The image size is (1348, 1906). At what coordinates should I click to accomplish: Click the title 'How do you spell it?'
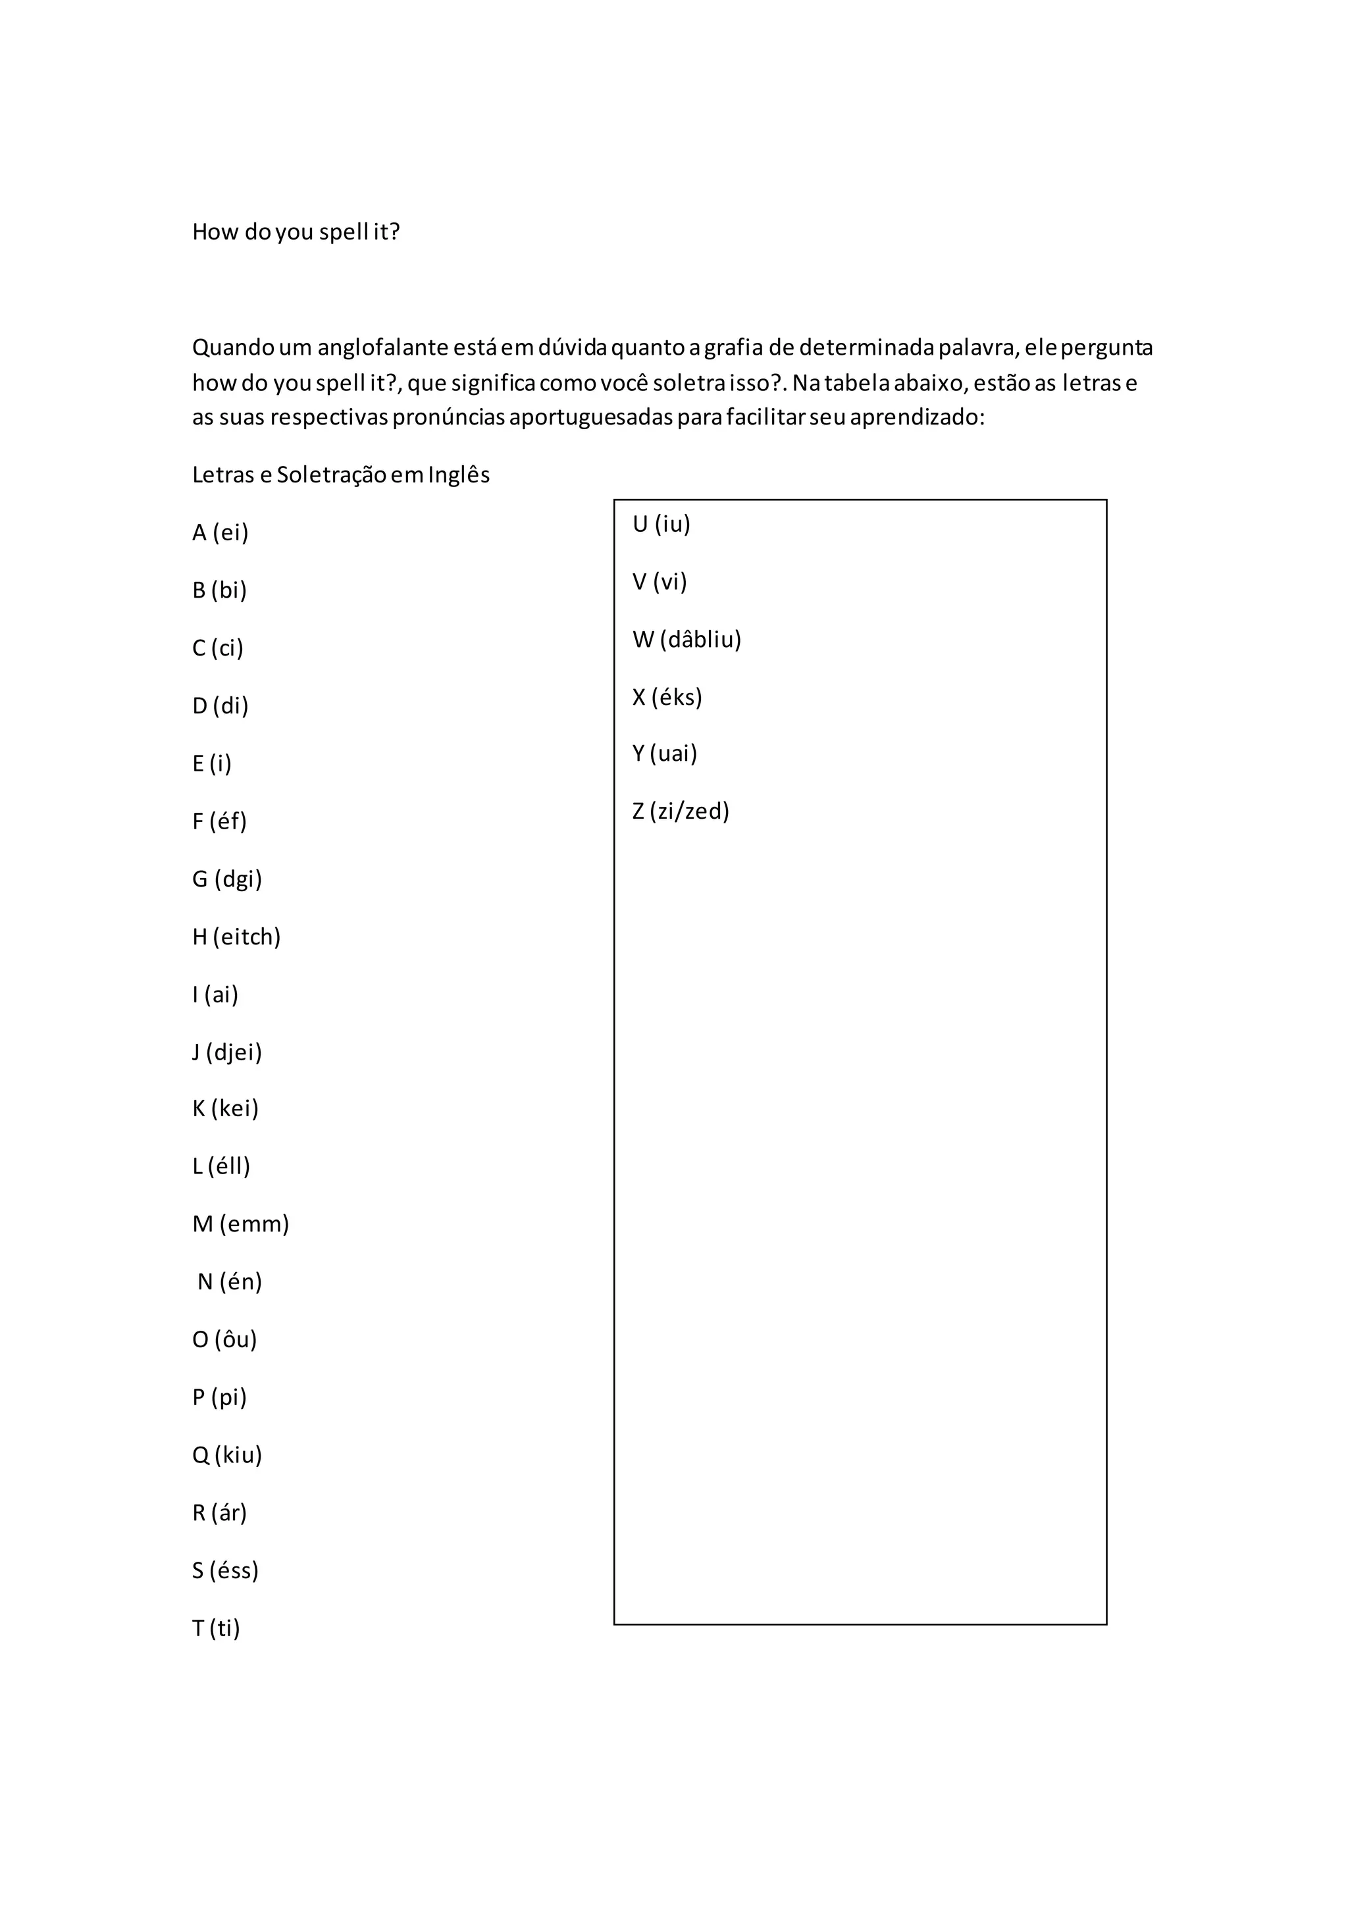[296, 232]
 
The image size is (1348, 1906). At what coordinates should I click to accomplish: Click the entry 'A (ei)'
[220, 532]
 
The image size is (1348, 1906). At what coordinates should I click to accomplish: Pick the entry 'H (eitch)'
[236, 937]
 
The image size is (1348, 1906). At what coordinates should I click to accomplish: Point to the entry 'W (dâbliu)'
[687, 639]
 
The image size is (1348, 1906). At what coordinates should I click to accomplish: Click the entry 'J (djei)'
[226, 1052]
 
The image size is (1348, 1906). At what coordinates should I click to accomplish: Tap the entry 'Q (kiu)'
[226, 1455]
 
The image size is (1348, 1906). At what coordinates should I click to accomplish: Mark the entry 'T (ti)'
[216, 1629]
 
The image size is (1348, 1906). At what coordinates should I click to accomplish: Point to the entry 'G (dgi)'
[226, 879]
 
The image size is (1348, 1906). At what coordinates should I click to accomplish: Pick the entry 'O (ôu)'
[224, 1340]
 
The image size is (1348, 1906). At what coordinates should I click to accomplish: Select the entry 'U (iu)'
[661, 524]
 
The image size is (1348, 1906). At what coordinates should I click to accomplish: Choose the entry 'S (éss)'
[225, 1570]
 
